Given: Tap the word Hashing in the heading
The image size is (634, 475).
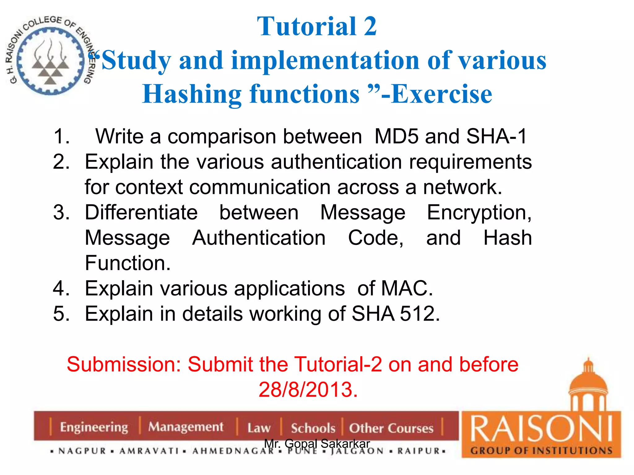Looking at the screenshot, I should pos(192,94).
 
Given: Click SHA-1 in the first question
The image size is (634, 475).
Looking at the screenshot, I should pos(496,136).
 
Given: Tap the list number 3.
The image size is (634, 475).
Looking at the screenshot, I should pos(61,213).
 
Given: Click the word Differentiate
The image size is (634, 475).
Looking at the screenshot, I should pos(141,213).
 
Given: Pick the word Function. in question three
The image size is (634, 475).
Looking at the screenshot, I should pos(128,263).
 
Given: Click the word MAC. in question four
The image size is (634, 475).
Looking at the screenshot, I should pos(407,289).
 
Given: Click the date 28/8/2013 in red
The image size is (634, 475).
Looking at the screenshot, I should pos(308,390).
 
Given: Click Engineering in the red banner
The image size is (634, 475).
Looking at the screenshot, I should pos(94,427).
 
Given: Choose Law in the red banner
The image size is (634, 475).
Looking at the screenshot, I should pos(259,428).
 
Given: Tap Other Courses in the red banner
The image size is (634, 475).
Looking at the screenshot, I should pos(391,428).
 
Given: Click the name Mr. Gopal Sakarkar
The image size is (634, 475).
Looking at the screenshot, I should pos(317,443).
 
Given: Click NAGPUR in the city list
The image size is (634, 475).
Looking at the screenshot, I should pos(82,451).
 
